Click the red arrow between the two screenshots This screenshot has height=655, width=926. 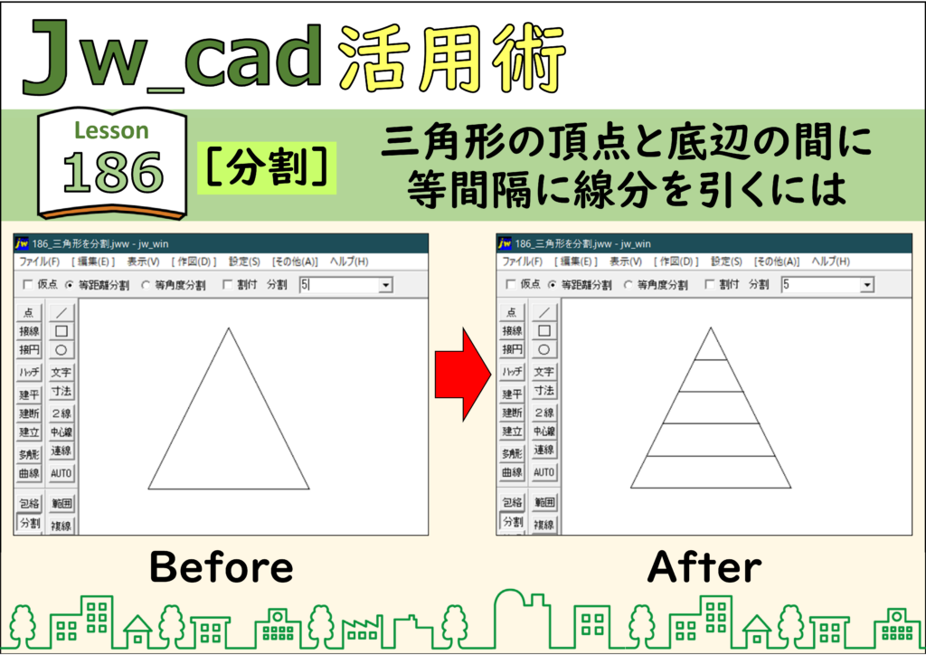coord(462,375)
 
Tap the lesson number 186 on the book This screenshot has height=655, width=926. coord(113,173)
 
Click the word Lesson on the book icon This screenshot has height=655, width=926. coord(111,130)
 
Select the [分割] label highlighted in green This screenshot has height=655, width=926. coord(267,167)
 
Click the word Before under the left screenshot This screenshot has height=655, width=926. coord(222,567)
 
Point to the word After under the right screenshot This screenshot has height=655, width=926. coord(704,567)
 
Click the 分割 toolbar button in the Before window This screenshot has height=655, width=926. coord(30,523)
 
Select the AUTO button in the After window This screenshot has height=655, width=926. coord(543,472)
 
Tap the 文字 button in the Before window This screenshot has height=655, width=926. coord(61,372)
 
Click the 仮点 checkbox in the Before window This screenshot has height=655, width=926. coord(28,285)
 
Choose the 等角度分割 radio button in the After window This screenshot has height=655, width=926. coord(628,285)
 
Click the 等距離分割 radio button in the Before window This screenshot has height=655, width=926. coord(70,285)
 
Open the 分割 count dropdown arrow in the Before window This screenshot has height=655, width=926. coord(385,285)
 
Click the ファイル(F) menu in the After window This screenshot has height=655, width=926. coord(522,261)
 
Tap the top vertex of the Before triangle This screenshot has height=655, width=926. coord(229,328)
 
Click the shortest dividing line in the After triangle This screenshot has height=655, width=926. coord(711,359)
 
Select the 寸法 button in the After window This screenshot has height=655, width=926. coord(543,391)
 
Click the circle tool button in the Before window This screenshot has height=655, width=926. coord(61,349)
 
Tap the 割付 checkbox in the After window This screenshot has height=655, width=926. coord(710,285)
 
